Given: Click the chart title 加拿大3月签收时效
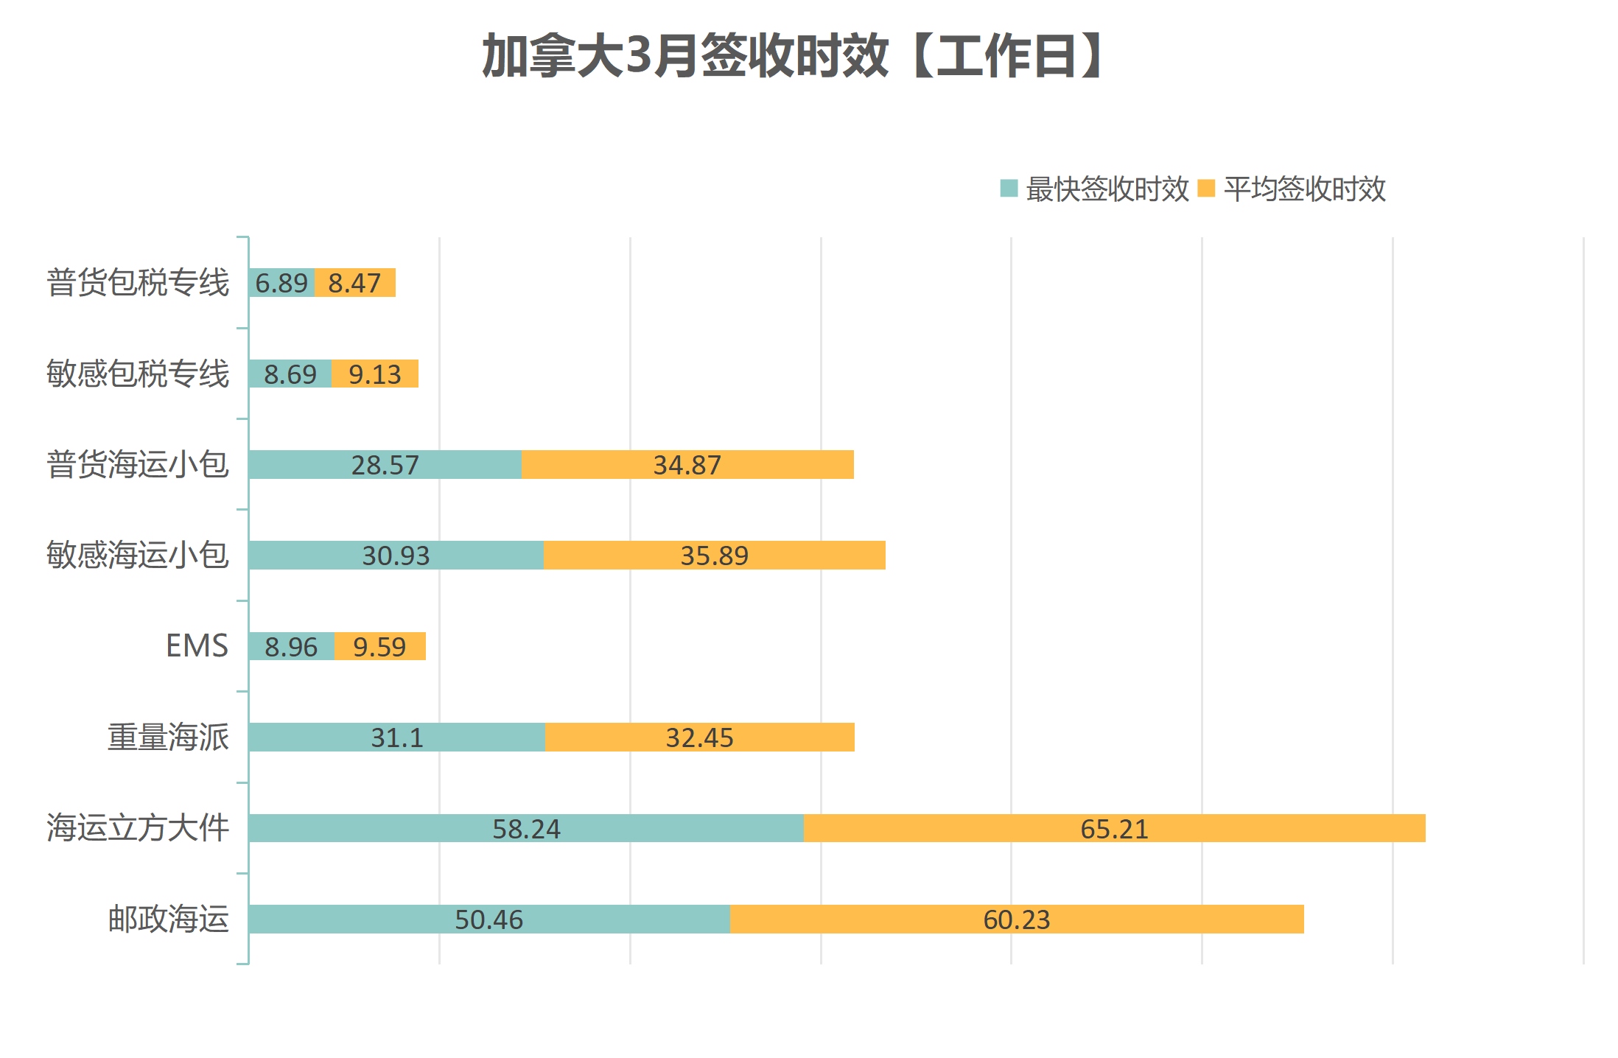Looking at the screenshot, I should point(793,56).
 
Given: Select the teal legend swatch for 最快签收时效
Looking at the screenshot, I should point(1009,189).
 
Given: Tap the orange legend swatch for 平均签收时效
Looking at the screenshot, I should point(1206,189).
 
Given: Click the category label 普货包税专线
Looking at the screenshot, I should point(138,283).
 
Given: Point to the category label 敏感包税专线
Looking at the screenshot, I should point(138,374).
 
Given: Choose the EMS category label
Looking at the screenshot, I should point(197,646).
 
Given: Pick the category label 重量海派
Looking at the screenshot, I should point(168,738).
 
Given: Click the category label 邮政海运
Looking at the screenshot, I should point(168,919).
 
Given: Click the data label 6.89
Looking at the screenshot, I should point(281,283).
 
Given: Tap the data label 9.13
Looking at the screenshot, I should point(375,374).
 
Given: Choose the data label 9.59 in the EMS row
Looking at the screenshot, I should point(379,647).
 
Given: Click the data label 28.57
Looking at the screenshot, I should point(385,465).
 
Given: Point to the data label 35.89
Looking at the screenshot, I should point(714,556).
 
